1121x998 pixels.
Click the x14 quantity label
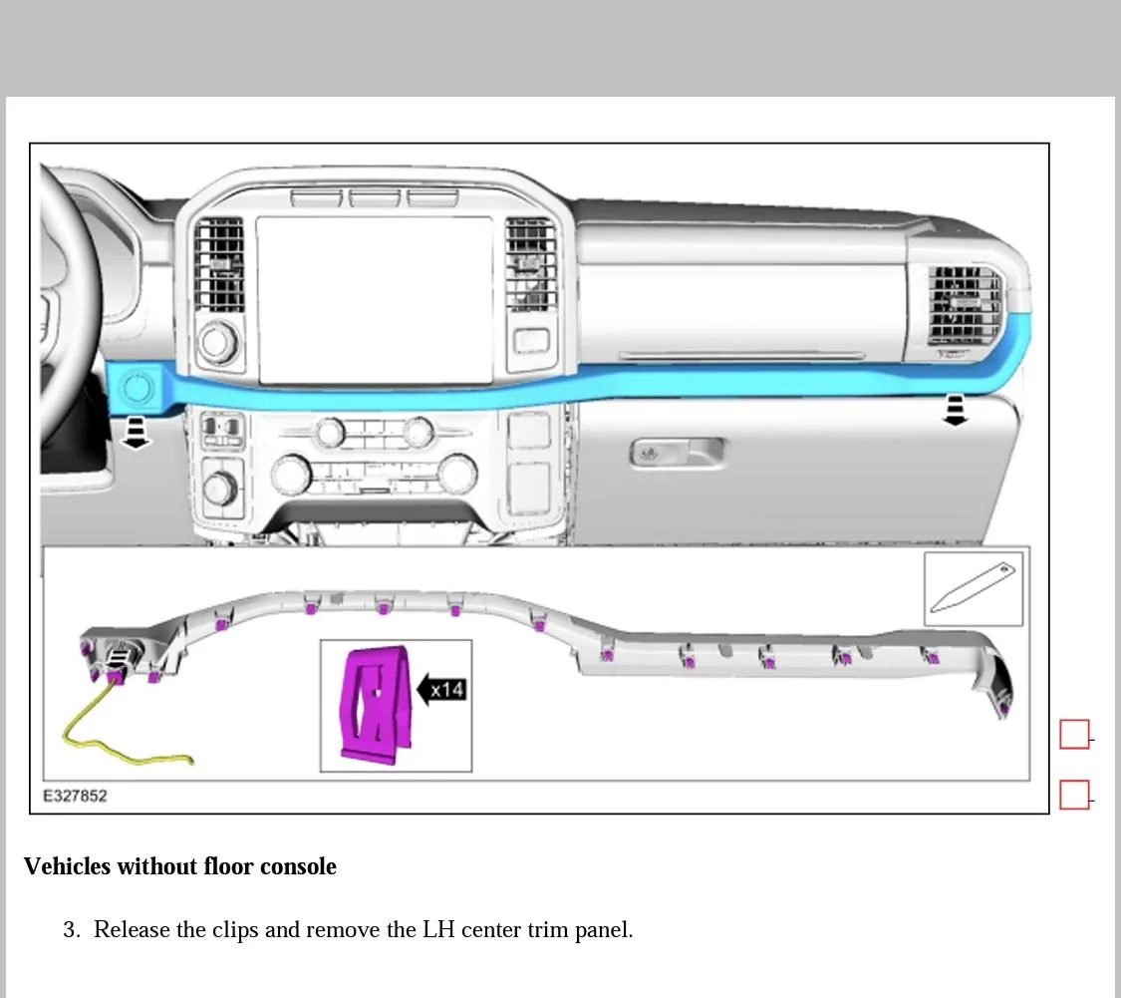pos(448,688)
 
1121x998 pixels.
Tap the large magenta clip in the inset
pos(376,702)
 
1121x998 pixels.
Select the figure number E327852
pos(75,796)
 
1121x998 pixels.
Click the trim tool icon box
pos(973,589)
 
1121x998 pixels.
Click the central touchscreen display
pos(375,299)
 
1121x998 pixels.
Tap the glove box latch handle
pos(679,454)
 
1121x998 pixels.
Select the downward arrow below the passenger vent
pos(956,410)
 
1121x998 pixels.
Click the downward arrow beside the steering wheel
pos(137,432)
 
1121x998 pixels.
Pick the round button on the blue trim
pos(137,384)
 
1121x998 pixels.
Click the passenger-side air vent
pos(964,305)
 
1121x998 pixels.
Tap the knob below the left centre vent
pos(217,343)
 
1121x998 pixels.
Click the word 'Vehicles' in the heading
pos(67,866)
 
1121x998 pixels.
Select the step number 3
pos(71,930)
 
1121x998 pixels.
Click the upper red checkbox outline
pos(1074,735)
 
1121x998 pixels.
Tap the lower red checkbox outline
pos(1074,795)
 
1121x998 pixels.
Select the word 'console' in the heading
pos(298,866)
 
